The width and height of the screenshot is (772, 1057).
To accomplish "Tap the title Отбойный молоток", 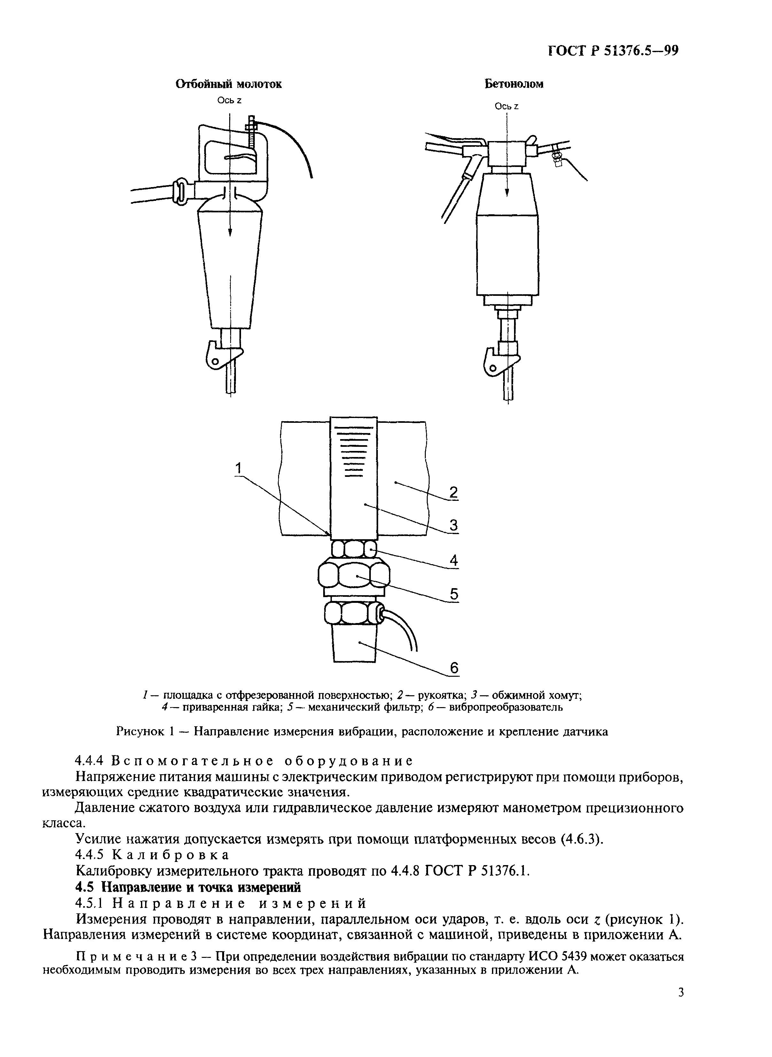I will coord(229,84).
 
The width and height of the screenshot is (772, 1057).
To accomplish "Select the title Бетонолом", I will coord(514,84).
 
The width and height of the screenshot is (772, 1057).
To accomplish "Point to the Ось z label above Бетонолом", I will coord(507,106).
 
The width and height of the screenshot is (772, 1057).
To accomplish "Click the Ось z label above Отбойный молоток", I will coord(229,100).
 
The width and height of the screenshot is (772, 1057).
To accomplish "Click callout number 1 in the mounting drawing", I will coord(239,468).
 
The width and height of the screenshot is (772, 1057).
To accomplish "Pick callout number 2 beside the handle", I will coord(453,492).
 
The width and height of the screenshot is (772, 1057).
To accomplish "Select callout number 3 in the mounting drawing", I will coord(453,525).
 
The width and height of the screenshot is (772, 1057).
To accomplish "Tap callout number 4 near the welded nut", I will coord(453,560).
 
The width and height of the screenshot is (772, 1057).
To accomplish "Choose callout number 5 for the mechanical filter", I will coord(453,594).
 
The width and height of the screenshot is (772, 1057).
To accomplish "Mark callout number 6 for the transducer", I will coord(454,668).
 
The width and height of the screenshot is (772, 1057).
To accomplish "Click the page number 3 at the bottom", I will coord(680,1004).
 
